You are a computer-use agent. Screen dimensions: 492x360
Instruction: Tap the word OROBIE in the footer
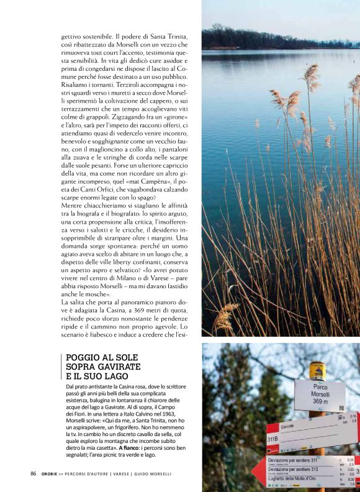point(52,474)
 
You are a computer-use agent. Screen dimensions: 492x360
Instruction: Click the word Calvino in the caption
point(148,412)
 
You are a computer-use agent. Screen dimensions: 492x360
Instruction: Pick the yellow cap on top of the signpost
point(317,370)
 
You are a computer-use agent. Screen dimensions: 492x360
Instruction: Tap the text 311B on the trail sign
point(272,438)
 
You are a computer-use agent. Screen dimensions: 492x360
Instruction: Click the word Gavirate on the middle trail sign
point(287,427)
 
